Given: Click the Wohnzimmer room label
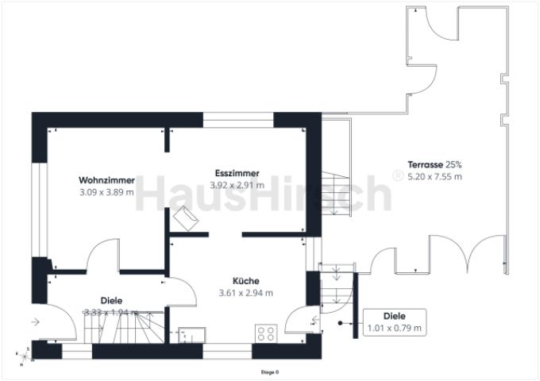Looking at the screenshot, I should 106,180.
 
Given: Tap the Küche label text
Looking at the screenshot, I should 245,281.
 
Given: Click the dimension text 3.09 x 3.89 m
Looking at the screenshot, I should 106,192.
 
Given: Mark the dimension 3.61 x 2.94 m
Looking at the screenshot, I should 245,293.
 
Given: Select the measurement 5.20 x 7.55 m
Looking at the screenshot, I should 434,176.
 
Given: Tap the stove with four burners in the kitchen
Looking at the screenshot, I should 265,334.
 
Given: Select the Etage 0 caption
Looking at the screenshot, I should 270,371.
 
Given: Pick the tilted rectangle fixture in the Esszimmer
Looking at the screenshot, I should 187,217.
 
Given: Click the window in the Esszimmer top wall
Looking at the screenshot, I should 238,120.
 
